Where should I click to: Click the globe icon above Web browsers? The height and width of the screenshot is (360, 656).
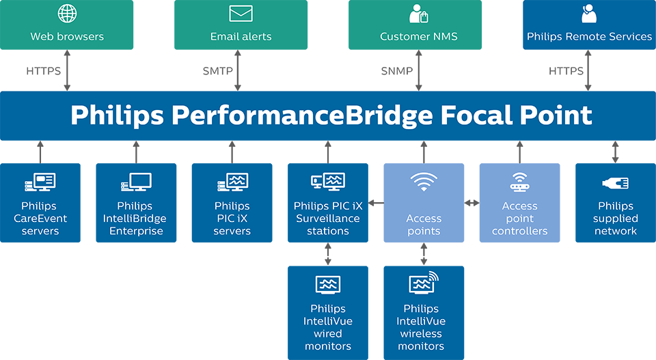(67, 14)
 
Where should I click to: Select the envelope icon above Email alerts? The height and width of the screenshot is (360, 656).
(241, 14)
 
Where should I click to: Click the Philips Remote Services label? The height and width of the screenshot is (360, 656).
(589, 36)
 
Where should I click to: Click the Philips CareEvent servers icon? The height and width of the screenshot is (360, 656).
(40, 182)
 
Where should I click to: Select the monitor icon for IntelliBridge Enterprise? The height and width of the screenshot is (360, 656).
(136, 182)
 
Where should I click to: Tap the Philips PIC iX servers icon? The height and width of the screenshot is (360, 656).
(232, 182)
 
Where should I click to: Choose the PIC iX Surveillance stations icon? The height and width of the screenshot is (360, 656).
(328, 182)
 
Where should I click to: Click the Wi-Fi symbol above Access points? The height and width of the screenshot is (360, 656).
(424, 182)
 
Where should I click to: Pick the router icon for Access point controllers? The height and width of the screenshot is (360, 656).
(520, 182)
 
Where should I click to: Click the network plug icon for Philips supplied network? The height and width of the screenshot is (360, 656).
(616, 182)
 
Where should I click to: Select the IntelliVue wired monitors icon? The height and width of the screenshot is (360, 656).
(328, 284)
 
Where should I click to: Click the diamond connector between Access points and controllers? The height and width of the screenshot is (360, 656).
(471, 203)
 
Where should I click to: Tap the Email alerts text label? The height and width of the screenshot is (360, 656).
(241, 36)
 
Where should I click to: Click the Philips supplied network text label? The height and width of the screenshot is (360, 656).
(616, 219)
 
